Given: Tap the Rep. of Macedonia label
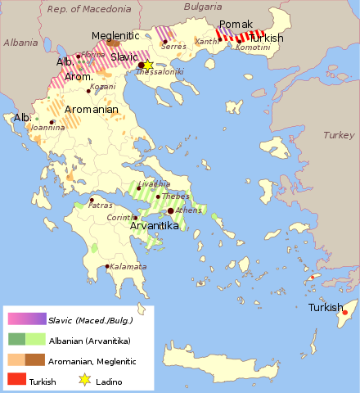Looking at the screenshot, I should [x=89, y=9].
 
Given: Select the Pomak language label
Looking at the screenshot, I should [x=236, y=25].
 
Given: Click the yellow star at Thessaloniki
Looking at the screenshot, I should [x=148, y=65].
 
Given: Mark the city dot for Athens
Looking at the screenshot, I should [x=170, y=210].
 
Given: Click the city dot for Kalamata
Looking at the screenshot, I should [x=107, y=266].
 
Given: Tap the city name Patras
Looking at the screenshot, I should [x=101, y=206].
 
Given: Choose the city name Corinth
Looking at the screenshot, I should [x=119, y=217].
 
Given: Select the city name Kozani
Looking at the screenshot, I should [x=103, y=86].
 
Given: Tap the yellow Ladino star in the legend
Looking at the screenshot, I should [x=84, y=380].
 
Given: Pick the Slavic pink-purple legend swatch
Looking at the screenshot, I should [x=27, y=319].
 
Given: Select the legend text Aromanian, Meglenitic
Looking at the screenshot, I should [x=92, y=360].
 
